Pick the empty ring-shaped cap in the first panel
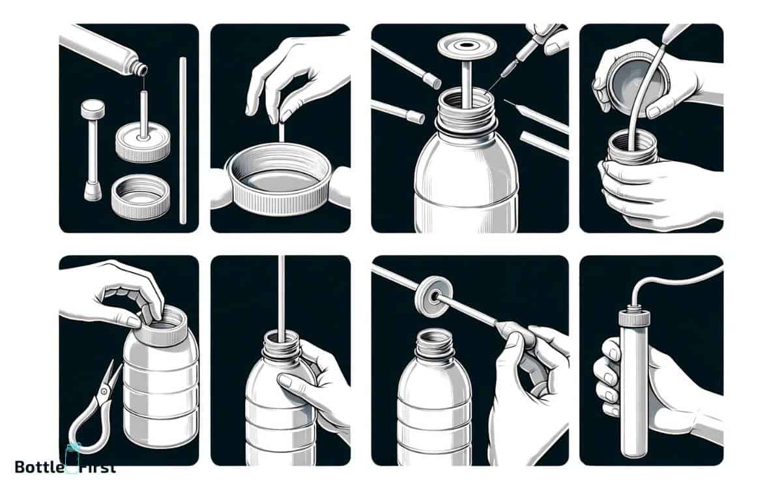point(140,196)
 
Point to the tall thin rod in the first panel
point(182,140)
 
